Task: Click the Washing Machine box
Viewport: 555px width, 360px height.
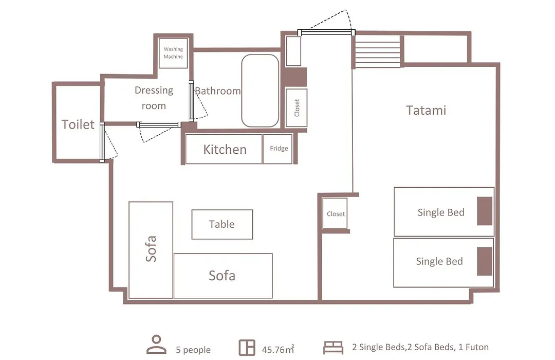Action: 173,53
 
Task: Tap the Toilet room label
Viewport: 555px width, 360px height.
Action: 78,124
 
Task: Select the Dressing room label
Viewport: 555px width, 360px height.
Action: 154,98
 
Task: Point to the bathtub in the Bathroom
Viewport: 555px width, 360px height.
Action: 260,91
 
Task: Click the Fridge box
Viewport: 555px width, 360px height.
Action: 278,149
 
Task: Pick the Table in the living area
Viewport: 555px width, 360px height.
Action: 223,224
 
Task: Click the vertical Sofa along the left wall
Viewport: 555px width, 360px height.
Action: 151,250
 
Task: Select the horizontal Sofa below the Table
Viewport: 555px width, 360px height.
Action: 223,276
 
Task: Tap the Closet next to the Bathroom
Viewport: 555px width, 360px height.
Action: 297,107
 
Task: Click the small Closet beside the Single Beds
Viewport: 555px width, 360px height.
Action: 335,213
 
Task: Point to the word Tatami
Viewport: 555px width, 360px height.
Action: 426,110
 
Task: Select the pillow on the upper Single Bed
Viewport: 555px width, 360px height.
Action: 485,211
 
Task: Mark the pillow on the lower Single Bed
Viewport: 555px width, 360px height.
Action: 485,261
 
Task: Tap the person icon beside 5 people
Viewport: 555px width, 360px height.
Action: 156,345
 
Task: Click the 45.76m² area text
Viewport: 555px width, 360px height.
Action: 278,349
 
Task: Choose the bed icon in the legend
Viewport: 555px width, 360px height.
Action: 333,348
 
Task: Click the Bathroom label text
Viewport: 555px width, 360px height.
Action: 218,91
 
